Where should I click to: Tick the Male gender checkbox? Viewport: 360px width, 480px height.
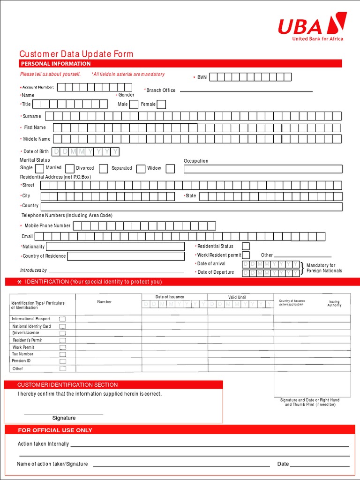click(134, 105)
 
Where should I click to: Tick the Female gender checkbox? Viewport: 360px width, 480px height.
click(161, 105)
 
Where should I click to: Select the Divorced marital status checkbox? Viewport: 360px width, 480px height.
click(104, 169)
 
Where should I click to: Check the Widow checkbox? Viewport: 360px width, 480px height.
click(170, 169)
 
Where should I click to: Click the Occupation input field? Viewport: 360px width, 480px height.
click(262, 169)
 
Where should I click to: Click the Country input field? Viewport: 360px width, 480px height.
click(191, 207)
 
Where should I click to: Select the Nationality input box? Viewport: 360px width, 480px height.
click(115, 247)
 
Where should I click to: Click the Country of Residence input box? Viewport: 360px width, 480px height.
click(126, 256)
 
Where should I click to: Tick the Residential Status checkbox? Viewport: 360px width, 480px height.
click(246, 246)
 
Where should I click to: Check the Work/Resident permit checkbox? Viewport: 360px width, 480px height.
click(246, 255)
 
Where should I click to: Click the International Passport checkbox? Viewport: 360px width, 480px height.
click(62, 319)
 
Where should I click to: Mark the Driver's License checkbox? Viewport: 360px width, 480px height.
click(62, 333)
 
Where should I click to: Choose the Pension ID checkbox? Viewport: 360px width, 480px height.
click(62, 361)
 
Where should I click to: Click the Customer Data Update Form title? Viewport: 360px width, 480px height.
click(76, 54)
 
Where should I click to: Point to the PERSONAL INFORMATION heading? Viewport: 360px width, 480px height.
click(56, 64)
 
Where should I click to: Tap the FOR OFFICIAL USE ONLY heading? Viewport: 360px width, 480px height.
click(55, 430)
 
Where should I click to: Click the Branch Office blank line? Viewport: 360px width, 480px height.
click(246, 90)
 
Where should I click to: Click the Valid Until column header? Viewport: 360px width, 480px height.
click(237, 297)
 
